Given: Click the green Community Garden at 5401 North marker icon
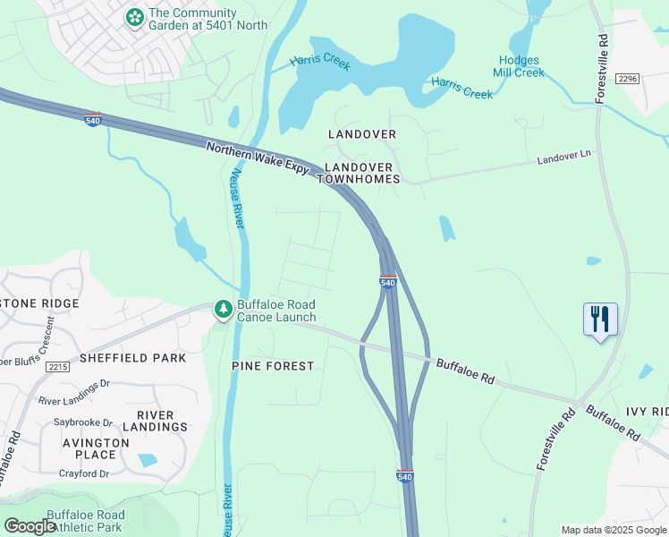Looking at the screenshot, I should tap(135, 17).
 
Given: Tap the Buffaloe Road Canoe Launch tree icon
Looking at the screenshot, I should tap(222, 310).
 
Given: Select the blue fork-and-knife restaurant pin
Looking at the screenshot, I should tap(599, 320).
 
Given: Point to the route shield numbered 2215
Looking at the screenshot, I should tap(59, 367).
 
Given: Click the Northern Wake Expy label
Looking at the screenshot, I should tap(257, 159).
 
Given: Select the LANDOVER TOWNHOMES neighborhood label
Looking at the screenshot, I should tap(361, 173).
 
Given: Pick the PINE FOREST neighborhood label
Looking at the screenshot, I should tap(273, 366).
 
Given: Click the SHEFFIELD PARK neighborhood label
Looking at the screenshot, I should tap(132, 358).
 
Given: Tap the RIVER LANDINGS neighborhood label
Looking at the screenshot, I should tap(162, 421).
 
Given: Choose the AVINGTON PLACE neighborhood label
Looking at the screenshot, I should tap(96, 449).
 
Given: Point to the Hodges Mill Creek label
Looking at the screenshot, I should tap(519, 66).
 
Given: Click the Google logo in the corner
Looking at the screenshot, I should tap(30, 526).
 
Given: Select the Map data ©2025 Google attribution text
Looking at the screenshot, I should tap(613, 530).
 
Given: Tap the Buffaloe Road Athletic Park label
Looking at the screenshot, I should tap(85, 521).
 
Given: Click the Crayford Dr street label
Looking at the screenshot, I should tap(83, 473).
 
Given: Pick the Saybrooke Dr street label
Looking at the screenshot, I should tap(84, 422).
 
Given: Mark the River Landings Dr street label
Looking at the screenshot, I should tap(73, 383).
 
